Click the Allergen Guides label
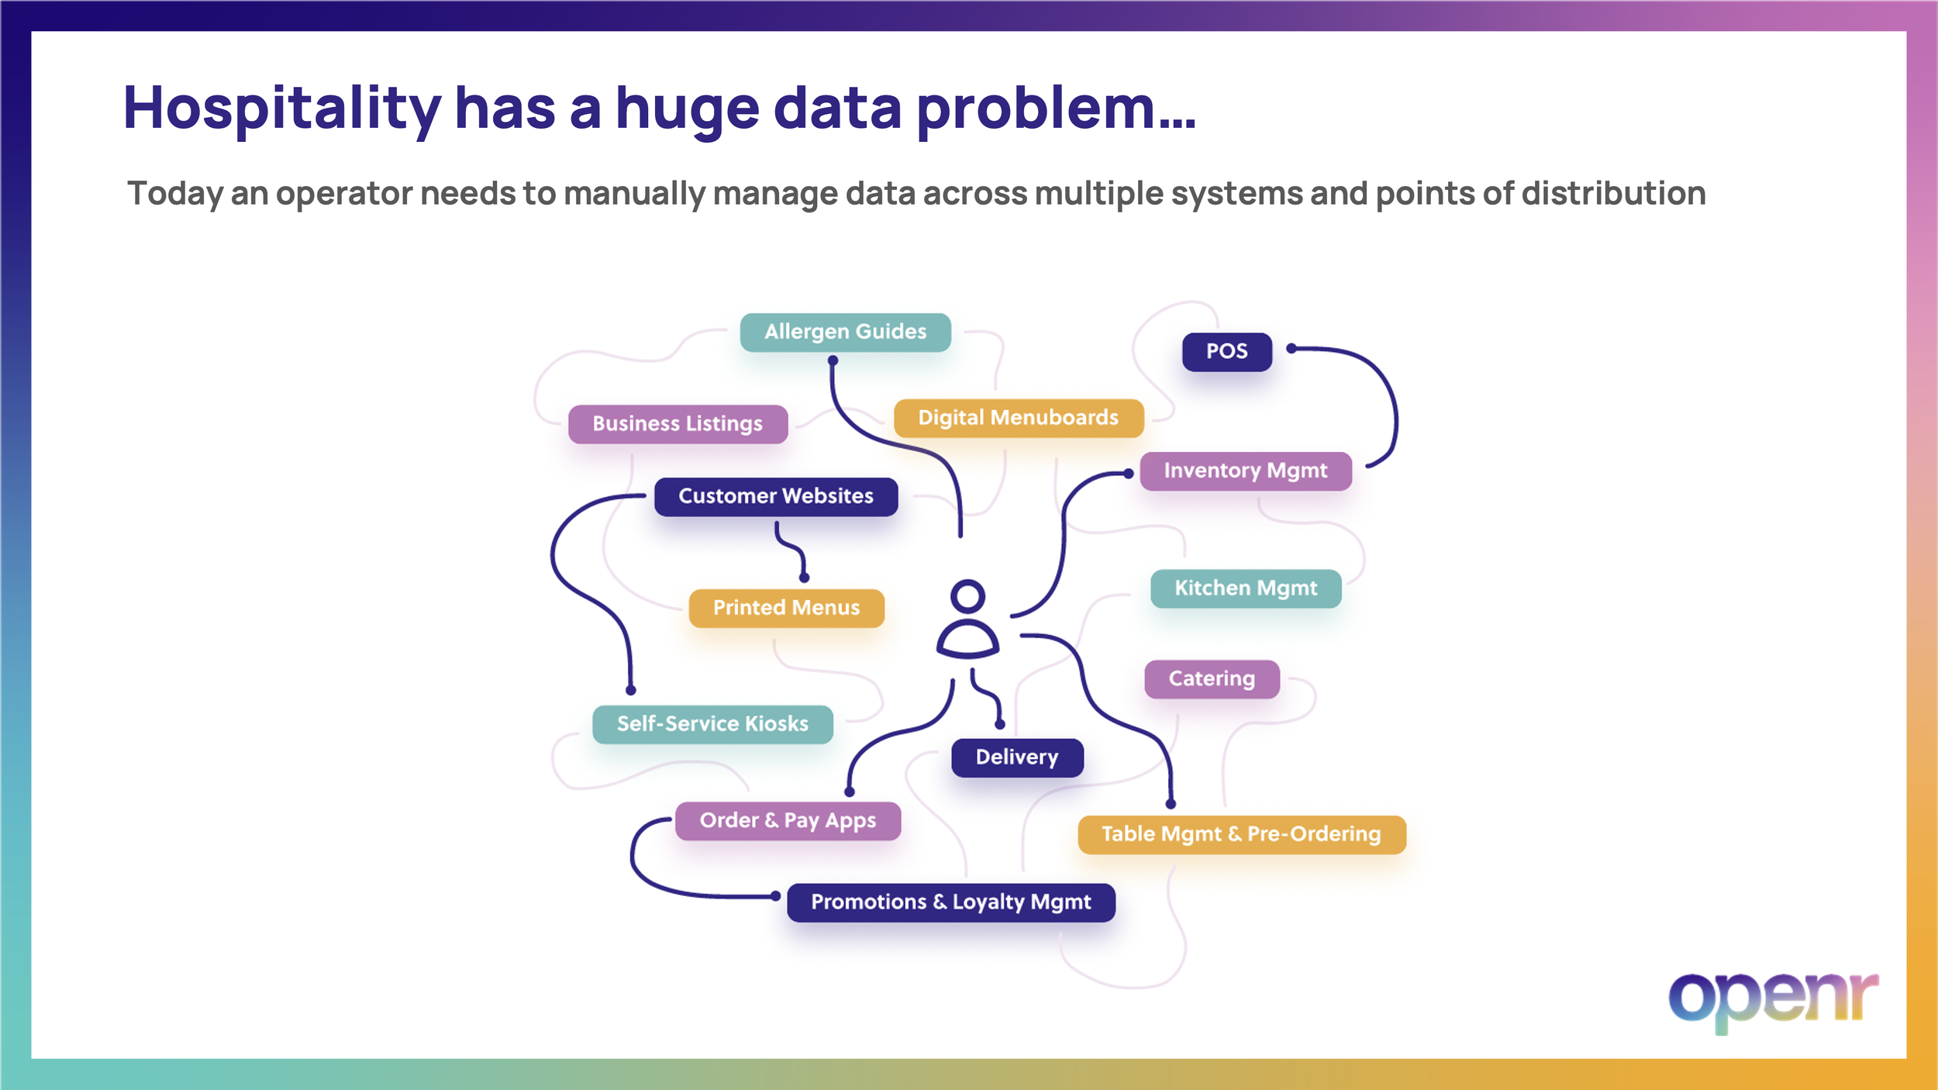point(845,332)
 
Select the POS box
point(1226,351)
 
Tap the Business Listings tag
point(678,424)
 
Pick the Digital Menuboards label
point(1018,418)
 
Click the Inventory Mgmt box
point(1245,471)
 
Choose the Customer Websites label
point(775,496)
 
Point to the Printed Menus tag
point(786,608)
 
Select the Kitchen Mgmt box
point(1245,588)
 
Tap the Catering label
point(1211,679)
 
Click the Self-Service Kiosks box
point(712,724)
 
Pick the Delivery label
point(1016,757)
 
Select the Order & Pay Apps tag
point(787,821)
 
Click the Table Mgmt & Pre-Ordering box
point(1241,834)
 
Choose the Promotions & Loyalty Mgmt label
point(950,902)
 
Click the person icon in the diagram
point(967,619)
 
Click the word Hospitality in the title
point(282,109)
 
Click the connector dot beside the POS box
point(1291,349)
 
